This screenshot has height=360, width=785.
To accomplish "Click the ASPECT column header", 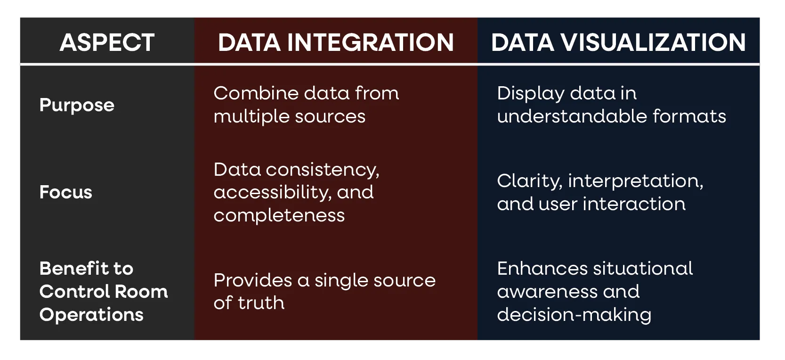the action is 107,42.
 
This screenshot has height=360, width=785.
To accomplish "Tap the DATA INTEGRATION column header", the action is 336,42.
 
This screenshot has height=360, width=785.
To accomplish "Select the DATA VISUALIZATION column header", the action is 618,42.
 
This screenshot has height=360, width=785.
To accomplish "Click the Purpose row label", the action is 77,105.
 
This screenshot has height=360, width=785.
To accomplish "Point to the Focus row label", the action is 66,192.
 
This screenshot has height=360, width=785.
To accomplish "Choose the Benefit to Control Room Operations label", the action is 104,291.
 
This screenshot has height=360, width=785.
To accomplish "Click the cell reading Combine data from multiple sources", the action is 306,105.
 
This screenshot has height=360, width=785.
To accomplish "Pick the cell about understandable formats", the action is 611,105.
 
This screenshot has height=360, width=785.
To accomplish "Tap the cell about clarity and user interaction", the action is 600,192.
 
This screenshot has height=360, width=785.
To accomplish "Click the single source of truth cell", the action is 324,291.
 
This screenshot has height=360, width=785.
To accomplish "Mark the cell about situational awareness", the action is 595,291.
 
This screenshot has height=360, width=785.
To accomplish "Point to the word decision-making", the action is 574,314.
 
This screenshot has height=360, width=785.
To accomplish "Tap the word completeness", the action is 279,215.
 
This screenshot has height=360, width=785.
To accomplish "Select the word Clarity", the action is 529,181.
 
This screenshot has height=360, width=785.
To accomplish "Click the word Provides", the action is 253,280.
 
